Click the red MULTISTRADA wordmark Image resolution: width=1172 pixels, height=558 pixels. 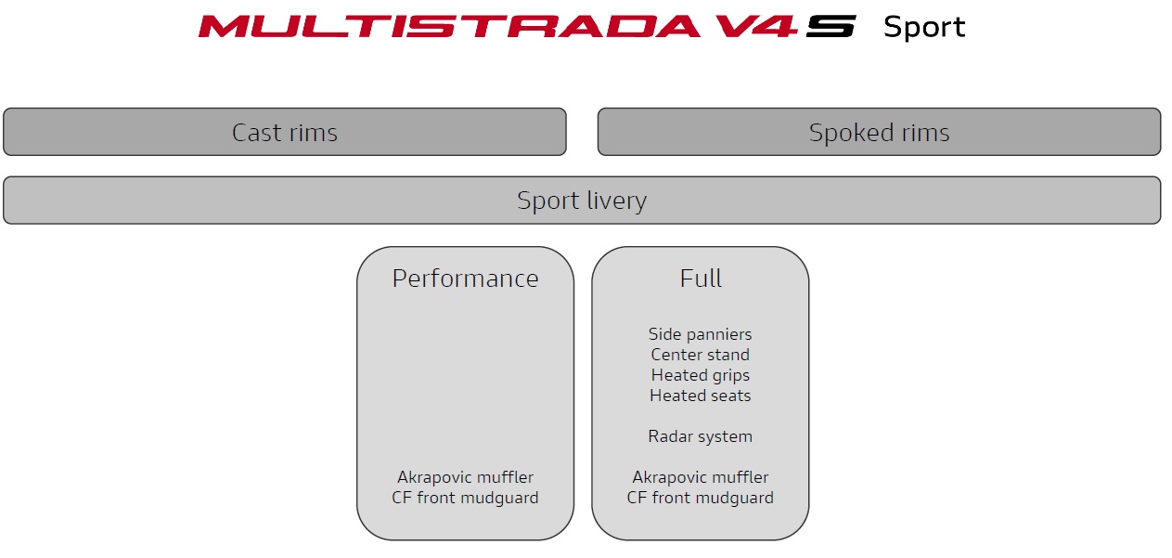(449, 26)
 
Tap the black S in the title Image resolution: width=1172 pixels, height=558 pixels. (831, 26)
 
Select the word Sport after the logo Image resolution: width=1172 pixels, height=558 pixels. (924, 27)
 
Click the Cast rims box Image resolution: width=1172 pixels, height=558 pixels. (285, 132)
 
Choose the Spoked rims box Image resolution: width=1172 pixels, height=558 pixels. (879, 132)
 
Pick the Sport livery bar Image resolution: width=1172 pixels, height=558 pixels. (582, 200)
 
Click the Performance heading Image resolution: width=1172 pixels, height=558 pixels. (465, 279)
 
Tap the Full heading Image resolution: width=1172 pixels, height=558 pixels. (701, 278)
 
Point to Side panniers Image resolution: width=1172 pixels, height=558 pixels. (700, 334)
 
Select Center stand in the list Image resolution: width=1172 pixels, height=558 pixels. (700, 355)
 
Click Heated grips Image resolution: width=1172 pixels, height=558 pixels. (700, 375)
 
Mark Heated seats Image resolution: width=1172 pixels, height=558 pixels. (700, 396)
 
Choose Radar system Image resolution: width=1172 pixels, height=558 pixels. (700, 436)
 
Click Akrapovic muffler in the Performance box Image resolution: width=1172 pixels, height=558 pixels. (465, 477)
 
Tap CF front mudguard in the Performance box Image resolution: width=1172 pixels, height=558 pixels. (465, 498)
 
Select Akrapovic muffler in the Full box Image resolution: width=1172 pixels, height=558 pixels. (700, 477)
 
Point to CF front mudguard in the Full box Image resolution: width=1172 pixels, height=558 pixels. (700, 498)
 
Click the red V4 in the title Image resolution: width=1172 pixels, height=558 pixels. (755, 26)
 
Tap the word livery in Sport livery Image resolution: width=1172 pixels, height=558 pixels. (617, 201)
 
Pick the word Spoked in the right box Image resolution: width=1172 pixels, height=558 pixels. (850, 133)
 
